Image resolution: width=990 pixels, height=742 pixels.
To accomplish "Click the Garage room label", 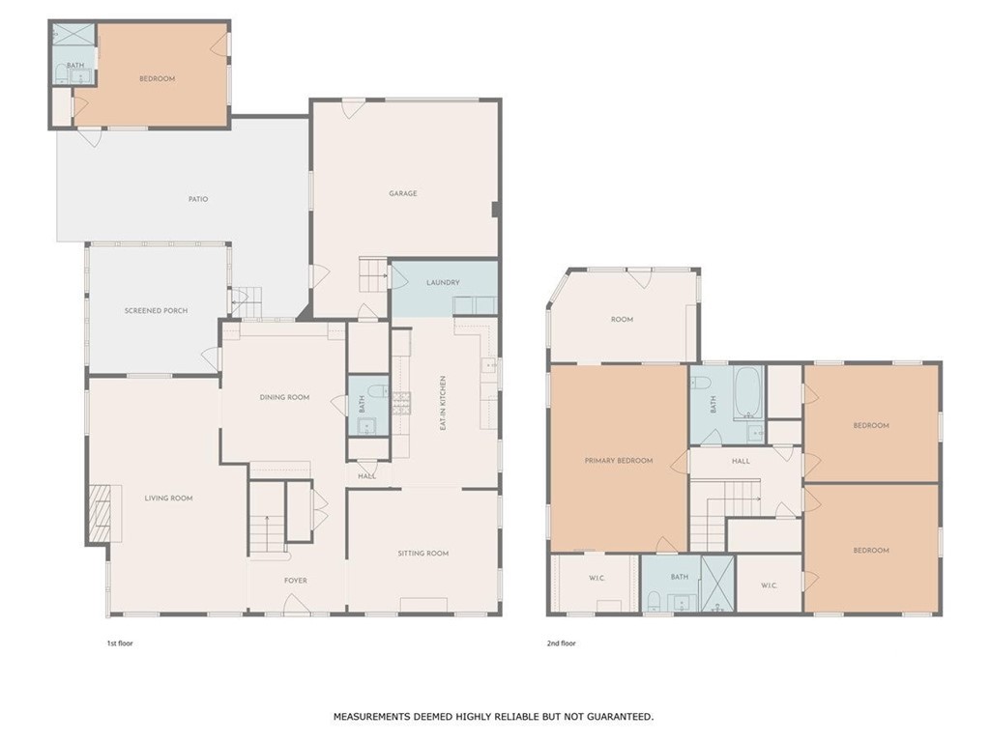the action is pyautogui.click(x=403, y=193).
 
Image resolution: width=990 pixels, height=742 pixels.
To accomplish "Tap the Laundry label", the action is pyautogui.click(x=443, y=283).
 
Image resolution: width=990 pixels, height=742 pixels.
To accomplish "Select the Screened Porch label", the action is pyautogui.click(x=156, y=310).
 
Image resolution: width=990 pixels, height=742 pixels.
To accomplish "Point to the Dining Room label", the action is pyautogui.click(x=285, y=397).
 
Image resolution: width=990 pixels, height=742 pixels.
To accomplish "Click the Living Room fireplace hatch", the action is pyautogui.click(x=100, y=514).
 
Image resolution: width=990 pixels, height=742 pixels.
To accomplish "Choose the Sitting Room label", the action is pyautogui.click(x=423, y=554).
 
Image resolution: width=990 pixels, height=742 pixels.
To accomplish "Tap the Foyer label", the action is pyautogui.click(x=296, y=581).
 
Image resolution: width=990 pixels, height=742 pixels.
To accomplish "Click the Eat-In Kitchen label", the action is pyautogui.click(x=443, y=404).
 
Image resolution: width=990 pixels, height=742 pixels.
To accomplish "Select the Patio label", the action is pyautogui.click(x=198, y=199).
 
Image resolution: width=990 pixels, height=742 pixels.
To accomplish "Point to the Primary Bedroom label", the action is pyautogui.click(x=619, y=461).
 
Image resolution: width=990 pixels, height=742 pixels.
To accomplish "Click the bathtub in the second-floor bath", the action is pyautogui.click(x=749, y=393).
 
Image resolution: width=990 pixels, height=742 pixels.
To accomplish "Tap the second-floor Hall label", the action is pyautogui.click(x=742, y=461).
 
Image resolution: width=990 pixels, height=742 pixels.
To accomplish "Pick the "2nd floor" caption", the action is pyautogui.click(x=562, y=643).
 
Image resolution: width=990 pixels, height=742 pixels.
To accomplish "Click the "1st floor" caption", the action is pyautogui.click(x=120, y=643).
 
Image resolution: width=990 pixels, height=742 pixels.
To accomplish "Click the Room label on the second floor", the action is pyautogui.click(x=622, y=319).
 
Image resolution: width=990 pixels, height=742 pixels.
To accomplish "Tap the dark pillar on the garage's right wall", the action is pyautogui.click(x=496, y=209).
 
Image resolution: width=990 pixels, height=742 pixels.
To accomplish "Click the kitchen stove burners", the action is pyautogui.click(x=401, y=404).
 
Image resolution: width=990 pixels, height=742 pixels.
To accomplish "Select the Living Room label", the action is pyautogui.click(x=168, y=499).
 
